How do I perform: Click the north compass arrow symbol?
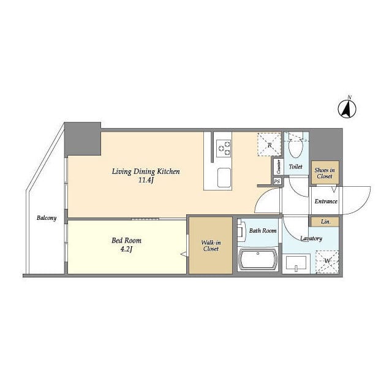pos(347,109)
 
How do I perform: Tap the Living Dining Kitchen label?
pos(146,171)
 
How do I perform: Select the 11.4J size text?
pos(146,180)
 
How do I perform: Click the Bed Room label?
pos(127,241)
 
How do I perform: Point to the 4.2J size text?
pos(126,249)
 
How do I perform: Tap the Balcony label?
pos(47,218)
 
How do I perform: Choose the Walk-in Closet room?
pos(211,245)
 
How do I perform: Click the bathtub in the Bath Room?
pos(258,259)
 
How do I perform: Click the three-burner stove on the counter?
pos(224,148)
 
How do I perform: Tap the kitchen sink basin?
pos(224,178)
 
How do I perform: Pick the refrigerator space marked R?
pos(269,145)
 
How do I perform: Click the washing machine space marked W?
pos(327,262)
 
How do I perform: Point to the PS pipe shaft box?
pos(277,181)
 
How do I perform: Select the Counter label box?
pos(279,167)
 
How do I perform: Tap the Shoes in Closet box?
pos(325,173)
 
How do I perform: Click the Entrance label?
pos(326,202)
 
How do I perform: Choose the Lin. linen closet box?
pos(325,222)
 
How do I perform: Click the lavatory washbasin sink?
pos(296,263)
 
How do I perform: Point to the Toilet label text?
pos(295,167)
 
